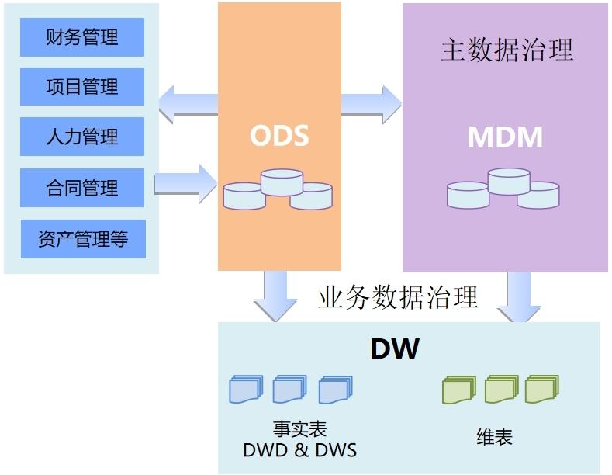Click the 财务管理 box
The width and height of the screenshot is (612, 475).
pyautogui.click(x=82, y=37)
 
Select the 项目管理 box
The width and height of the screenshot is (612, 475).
pyautogui.click(x=82, y=86)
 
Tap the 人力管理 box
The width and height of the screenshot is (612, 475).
pyautogui.click(x=82, y=137)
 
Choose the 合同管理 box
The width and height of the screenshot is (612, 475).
pyautogui.click(x=82, y=188)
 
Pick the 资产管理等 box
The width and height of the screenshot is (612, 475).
pyautogui.click(x=83, y=239)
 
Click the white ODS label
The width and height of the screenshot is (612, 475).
pyautogui.click(x=279, y=136)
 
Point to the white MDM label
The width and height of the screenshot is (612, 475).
pyautogui.click(x=505, y=137)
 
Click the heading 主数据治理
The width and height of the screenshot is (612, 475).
pyautogui.click(x=507, y=50)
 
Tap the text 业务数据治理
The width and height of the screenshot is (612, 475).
pyautogui.click(x=398, y=296)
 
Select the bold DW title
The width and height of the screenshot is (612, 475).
pyautogui.click(x=395, y=348)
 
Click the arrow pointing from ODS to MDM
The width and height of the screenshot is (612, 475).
pyautogui.click(x=372, y=104)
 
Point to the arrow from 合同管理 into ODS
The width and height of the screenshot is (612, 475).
pyautogui.click(x=186, y=184)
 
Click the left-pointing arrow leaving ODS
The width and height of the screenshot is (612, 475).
pyautogui.click(x=188, y=104)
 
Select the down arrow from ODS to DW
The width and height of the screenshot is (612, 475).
pyautogui.click(x=275, y=296)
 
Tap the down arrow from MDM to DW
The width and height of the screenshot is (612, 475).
pyautogui.click(x=519, y=296)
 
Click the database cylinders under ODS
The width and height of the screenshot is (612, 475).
pyautogui.click(x=278, y=189)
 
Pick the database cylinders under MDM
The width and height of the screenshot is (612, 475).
pyautogui.click(x=503, y=189)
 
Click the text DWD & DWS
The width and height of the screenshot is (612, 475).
pyautogui.click(x=299, y=450)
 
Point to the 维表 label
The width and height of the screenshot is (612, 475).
pyautogui.click(x=494, y=437)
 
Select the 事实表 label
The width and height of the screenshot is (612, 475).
pyautogui.click(x=299, y=429)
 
